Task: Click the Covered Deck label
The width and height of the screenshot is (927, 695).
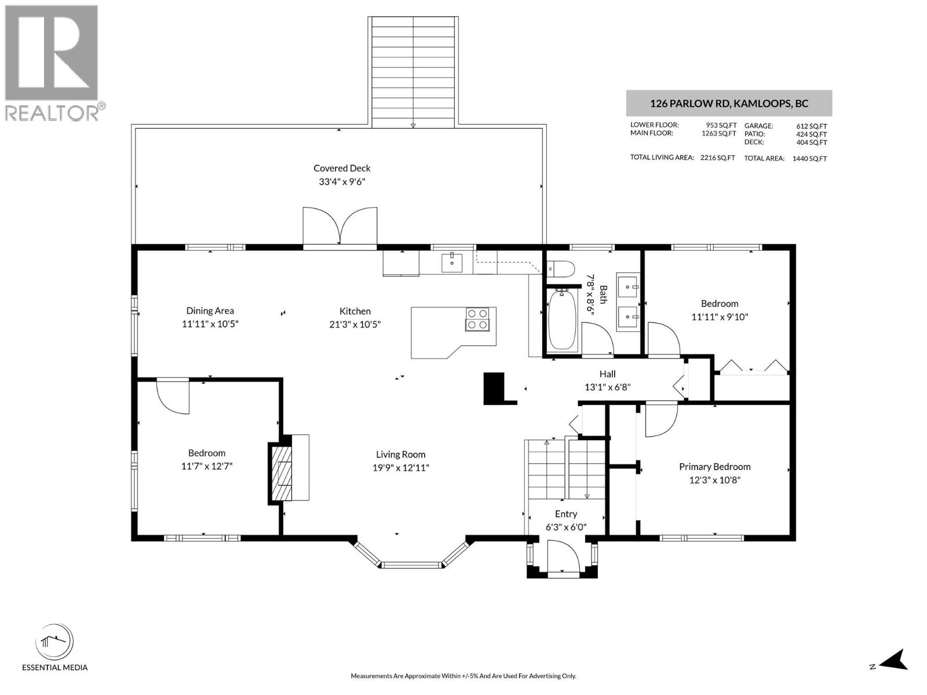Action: pos(342,169)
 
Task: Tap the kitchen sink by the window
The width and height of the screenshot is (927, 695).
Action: pos(452,262)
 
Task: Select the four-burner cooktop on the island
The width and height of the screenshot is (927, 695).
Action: pos(477,319)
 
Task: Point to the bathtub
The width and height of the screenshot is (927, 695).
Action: pos(561,320)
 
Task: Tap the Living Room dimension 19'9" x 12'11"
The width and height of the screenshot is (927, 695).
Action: pos(400,468)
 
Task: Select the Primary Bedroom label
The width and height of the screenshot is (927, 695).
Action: pos(714,467)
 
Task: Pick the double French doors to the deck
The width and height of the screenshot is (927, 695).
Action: pos(341,226)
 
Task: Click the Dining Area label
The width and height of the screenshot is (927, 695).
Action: pos(210,311)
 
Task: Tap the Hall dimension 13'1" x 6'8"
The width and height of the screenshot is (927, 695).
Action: pos(607,387)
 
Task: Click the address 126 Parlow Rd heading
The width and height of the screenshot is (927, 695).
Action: pos(729,104)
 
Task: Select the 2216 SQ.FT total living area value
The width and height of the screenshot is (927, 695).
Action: pos(717,158)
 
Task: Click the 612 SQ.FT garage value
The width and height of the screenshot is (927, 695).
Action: pos(811,126)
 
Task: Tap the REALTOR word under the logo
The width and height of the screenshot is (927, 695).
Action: pos(52,112)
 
